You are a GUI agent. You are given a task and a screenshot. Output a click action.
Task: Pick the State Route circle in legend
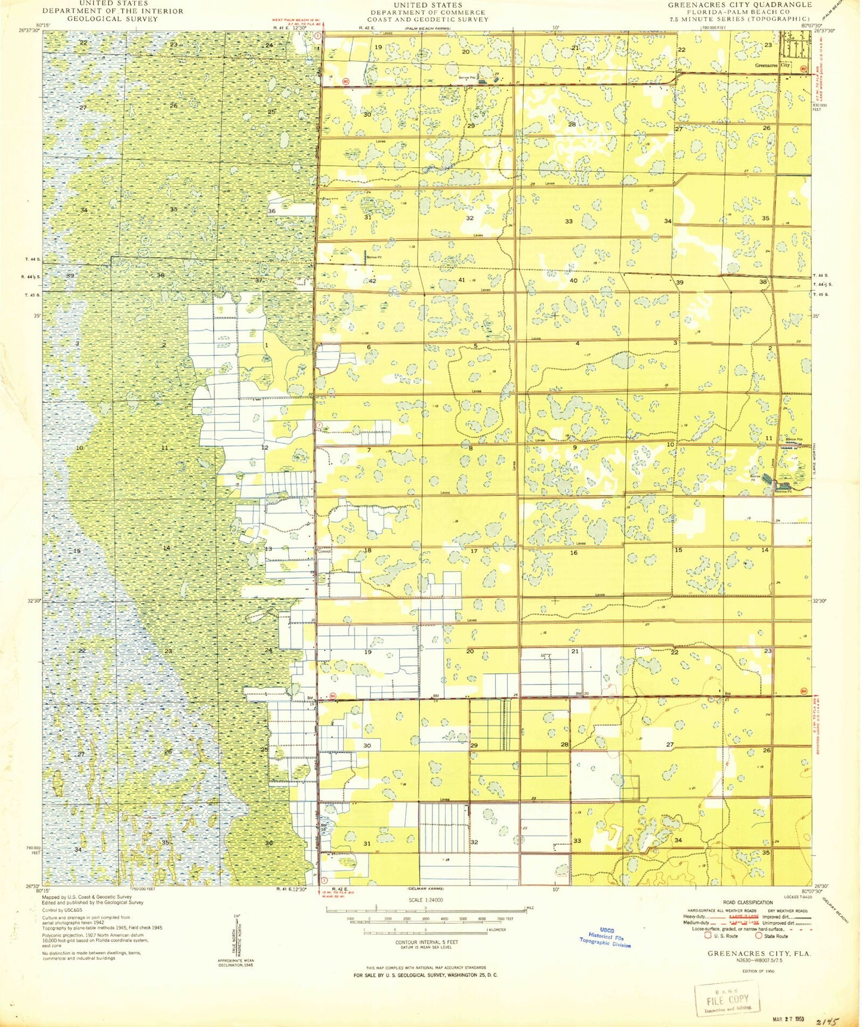point(759,936)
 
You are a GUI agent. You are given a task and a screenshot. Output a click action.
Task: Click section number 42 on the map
point(372,280)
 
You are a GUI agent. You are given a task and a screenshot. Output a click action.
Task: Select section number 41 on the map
point(461,280)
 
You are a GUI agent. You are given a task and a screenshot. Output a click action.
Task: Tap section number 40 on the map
point(573,280)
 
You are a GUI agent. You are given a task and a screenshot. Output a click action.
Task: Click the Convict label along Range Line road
point(324,551)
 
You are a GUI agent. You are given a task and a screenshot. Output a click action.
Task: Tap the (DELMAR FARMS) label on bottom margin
point(426,889)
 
